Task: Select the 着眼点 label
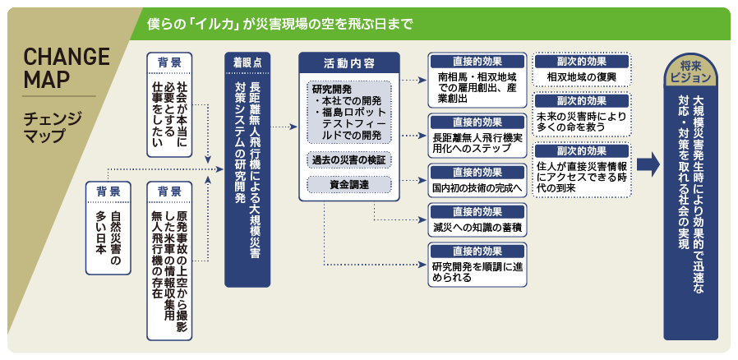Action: [x=247, y=62]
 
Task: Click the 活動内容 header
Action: [x=348, y=62]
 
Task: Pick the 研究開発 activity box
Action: [x=348, y=111]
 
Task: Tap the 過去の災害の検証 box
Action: [x=348, y=159]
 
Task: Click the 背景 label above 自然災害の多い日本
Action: [x=108, y=191]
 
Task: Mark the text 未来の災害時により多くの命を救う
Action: [x=581, y=122]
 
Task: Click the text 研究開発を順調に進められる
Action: [x=477, y=272]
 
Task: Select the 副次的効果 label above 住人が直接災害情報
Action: [x=581, y=151]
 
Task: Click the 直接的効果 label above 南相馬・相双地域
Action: [x=477, y=62]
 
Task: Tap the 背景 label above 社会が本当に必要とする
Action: [x=169, y=62]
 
